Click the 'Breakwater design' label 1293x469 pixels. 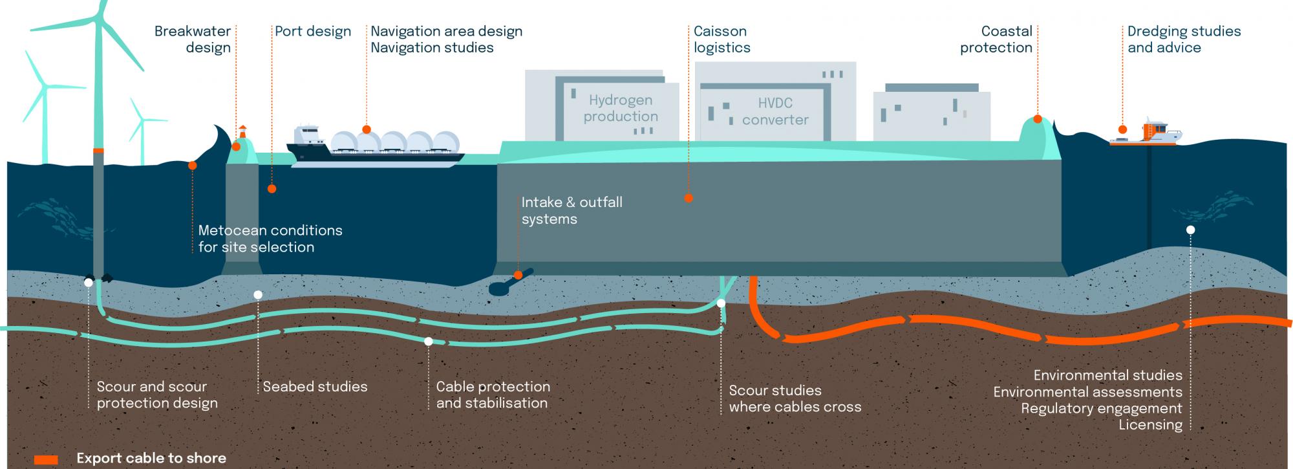pyautogui.click(x=193, y=39)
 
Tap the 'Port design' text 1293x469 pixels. pyautogui.click(x=313, y=32)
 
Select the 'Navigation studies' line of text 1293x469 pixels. pyautogui.click(x=432, y=47)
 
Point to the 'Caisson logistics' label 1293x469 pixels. pyautogui.click(x=722, y=39)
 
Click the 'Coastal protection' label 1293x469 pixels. pyautogui.click(x=996, y=39)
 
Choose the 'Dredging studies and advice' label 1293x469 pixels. pyautogui.click(x=1184, y=39)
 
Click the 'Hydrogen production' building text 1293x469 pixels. pyautogui.click(x=621, y=108)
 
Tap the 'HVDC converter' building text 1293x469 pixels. pyautogui.click(x=775, y=111)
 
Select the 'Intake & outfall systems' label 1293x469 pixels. pyautogui.click(x=572, y=210)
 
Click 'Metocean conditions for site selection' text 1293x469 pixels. pyautogui.click(x=270, y=239)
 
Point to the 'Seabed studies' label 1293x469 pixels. pyautogui.click(x=315, y=387)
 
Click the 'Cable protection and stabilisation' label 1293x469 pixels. pyautogui.click(x=493, y=395)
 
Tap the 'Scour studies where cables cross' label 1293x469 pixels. pyautogui.click(x=795, y=398)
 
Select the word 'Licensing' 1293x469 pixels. pyautogui.click(x=1151, y=425)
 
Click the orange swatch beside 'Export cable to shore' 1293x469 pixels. pyautogui.click(x=46, y=459)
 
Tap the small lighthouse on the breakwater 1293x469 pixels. pyautogui.click(x=243, y=132)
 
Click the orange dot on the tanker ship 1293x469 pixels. pyautogui.click(x=367, y=129)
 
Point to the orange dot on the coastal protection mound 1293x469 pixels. pyautogui.click(x=1038, y=119)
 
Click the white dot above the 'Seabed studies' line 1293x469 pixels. pyautogui.click(x=258, y=295)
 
